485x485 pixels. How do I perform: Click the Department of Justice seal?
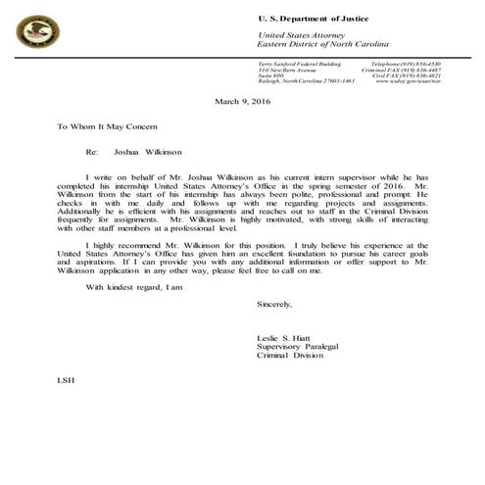[x=37, y=32]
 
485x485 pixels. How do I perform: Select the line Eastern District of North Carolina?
[x=323, y=45]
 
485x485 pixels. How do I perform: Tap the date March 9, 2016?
[x=241, y=101]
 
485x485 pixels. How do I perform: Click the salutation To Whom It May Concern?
[x=106, y=127]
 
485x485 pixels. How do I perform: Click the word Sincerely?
[x=274, y=305]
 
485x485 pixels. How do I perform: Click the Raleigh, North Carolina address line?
[x=306, y=81]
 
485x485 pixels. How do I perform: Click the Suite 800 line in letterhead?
[x=271, y=75]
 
